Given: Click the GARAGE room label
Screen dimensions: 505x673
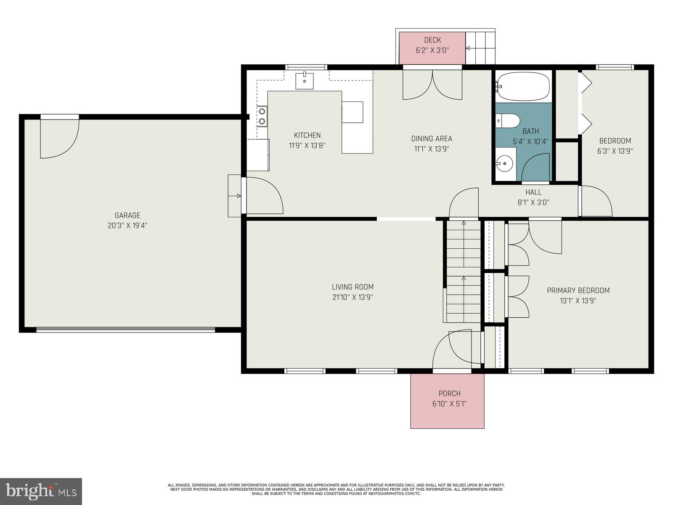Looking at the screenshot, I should click(x=127, y=215).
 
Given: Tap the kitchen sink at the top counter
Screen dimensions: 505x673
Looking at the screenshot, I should click(x=304, y=80).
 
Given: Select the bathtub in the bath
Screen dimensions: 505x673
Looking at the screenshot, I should click(x=523, y=86).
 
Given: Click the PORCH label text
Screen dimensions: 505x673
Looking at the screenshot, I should click(x=449, y=393).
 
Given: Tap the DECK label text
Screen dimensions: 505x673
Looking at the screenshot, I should click(x=432, y=40).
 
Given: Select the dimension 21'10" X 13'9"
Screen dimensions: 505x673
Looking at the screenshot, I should click(x=352, y=297).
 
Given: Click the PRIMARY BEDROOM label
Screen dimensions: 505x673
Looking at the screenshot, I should click(x=578, y=290).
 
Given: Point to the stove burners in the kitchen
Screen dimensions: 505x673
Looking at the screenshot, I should click(x=262, y=117).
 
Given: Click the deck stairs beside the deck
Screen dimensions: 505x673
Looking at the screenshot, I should click(x=480, y=48).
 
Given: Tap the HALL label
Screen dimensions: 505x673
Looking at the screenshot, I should click(x=533, y=192).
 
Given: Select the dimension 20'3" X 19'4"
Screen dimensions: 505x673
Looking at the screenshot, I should click(x=127, y=226).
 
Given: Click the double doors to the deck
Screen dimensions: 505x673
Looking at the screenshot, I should click(x=432, y=85).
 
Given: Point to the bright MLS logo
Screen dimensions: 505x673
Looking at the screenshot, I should click(x=41, y=491).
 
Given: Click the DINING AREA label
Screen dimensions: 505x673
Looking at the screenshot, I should click(x=432, y=138).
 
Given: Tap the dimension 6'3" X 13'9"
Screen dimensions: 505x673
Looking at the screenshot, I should click(x=615, y=151).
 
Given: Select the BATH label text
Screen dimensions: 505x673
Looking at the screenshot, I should click(x=530, y=131).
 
